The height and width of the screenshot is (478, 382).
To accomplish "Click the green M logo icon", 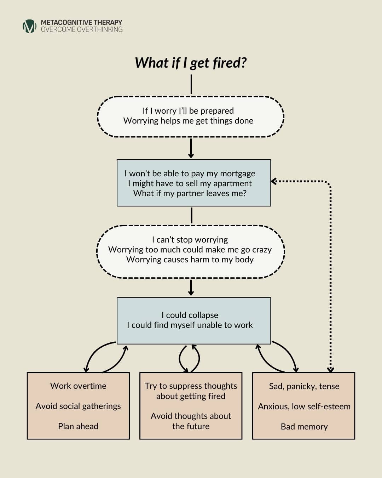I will click(29, 26).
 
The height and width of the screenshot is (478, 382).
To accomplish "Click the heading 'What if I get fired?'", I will click(191, 63).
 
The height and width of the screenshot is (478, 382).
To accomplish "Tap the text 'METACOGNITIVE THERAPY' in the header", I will click(81, 22).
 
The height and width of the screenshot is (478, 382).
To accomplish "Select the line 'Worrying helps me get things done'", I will click(188, 121).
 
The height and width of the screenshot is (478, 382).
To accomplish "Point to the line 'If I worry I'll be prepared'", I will click(188, 111).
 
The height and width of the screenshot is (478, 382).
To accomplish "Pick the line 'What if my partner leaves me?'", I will click(190, 193).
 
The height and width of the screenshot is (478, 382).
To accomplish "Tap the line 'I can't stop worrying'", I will click(190, 240).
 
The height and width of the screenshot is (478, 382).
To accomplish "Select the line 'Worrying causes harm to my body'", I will click(190, 260).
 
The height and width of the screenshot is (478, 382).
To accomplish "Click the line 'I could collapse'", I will click(190, 315).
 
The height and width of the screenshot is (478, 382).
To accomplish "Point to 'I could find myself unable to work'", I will click(190, 325).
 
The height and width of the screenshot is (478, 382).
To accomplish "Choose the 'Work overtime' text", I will click(78, 386).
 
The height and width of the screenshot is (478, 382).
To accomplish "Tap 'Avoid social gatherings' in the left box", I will click(78, 406).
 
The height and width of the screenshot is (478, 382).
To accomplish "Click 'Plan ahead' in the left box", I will click(78, 426).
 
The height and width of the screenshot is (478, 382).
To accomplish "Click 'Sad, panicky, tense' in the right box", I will click(304, 386).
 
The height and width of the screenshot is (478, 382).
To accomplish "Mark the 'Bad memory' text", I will click(304, 427).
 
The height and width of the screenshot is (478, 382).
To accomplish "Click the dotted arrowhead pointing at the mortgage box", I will click(273, 181).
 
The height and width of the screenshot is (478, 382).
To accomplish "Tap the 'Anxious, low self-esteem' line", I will click(304, 406).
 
